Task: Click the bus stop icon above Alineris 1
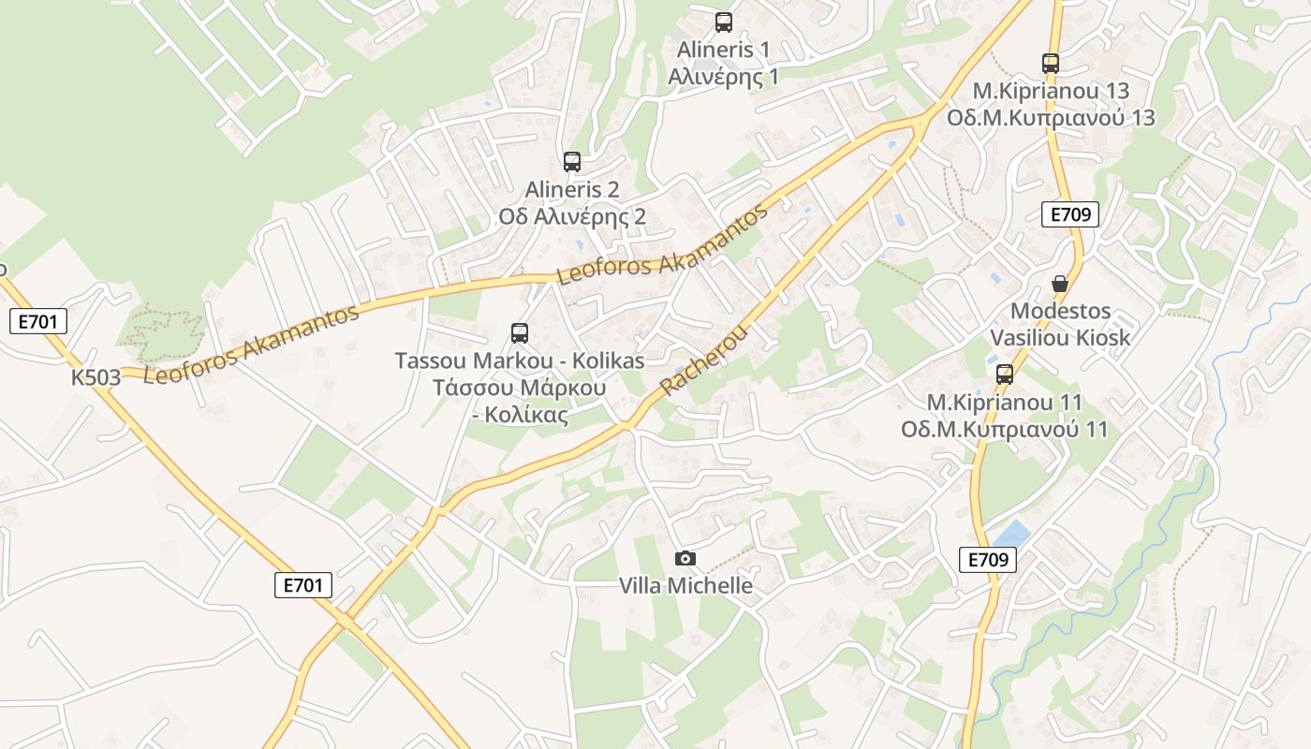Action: pos(723,22)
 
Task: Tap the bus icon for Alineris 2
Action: pos(572,162)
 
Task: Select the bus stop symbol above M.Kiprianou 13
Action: pos(1051,64)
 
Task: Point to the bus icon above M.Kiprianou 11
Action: pos(1005,374)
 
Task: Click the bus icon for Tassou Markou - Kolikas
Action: pos(520,333)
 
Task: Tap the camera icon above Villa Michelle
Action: pos(685,558)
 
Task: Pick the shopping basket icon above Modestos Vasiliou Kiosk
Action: pos(1060,284)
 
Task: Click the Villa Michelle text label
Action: pos(685,586)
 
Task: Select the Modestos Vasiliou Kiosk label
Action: pos(1061,324)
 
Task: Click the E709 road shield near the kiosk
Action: pos(1070,214)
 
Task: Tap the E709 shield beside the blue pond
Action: pos(988,560)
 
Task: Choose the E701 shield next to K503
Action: pos(38,322)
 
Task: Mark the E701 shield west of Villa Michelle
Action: pos(303,585)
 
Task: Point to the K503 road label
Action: pos(96,377)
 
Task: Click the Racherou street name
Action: pos(704,360)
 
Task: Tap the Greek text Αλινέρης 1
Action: pos(723,77)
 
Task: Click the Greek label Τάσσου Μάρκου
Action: pos(519,388)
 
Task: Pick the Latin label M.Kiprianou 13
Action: pos(1051,91)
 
